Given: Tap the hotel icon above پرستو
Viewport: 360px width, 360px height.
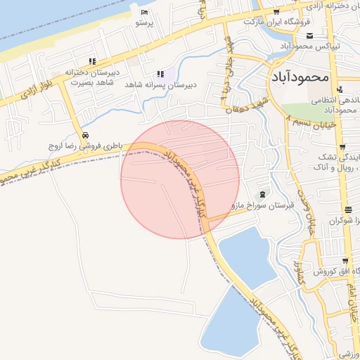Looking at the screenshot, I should pyautogui.click(x=144, y=13).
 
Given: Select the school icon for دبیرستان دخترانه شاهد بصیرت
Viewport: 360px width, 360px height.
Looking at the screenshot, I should pyautogui.click(x=93, y=62).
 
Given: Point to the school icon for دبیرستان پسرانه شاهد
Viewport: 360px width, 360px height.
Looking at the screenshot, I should pyautogui.click(x=161, y=73).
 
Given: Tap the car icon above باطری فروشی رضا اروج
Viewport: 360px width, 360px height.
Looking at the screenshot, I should pyautogui.click(x=85, y=135).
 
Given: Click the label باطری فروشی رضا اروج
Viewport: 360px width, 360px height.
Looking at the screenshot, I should pyautogui.click(x=85, y=146).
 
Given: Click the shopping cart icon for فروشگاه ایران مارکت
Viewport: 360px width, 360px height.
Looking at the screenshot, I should pyautogui.click(x=276, y=11).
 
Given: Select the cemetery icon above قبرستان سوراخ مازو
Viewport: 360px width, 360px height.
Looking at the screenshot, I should pyautogui.click(x=263, y=194).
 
